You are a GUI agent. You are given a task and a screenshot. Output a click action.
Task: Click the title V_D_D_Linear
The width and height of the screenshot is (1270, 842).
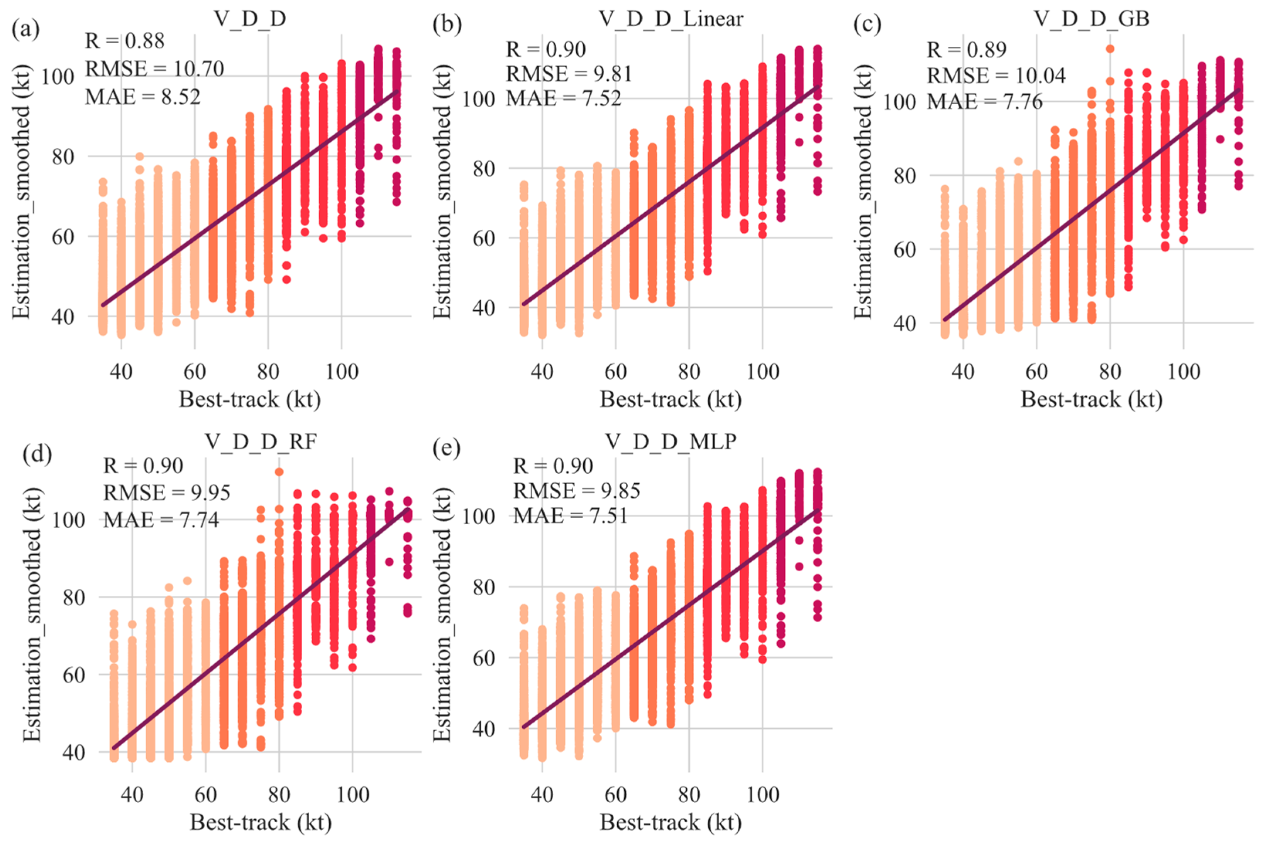(x=671, y=19)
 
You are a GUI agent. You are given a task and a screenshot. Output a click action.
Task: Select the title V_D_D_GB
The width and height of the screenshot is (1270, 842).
(x=1091, y=19)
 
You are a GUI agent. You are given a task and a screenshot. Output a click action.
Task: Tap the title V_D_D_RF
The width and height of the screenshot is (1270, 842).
(x=261, y=441)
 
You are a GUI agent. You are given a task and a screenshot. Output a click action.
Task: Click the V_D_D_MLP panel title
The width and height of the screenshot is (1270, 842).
(x=671, y=441)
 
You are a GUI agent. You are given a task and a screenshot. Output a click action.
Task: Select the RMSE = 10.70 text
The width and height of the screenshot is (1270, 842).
(x=154, y=69)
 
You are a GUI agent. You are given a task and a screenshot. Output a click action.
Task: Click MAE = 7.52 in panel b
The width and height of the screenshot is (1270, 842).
(x=564, y=98)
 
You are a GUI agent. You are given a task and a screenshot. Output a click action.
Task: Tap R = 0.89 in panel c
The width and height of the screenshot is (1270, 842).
(x=966, y=50)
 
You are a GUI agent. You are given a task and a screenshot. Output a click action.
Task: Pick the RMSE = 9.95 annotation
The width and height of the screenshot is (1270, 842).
(x=166, y=492)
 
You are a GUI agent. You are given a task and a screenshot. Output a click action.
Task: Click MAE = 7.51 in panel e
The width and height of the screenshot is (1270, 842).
(x=571, y=515)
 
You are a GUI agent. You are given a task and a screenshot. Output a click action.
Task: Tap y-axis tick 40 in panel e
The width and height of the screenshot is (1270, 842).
(x=483, y=729)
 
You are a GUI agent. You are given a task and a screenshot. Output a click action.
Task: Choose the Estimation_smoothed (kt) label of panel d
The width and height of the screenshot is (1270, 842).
(x=32, y=615)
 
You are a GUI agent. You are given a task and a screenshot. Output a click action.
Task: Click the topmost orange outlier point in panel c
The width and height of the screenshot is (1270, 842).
(x=1110, y=49)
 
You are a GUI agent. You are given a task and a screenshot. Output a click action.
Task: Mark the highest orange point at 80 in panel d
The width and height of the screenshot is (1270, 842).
(x=279, y=472)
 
